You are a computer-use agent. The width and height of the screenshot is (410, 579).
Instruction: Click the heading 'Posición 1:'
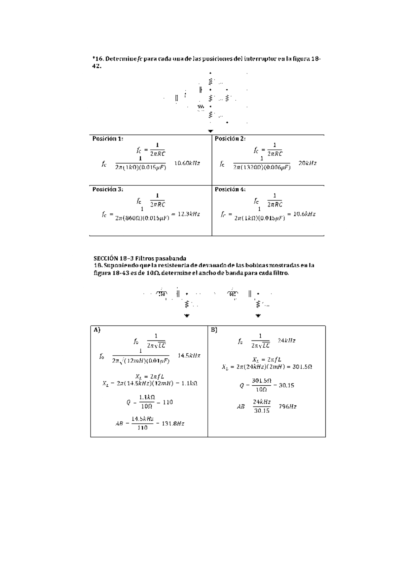tap(108, 139)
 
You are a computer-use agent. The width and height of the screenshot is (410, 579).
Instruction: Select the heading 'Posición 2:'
tap(230, 139)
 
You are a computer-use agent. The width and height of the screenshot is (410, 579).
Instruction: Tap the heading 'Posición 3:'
tap(108, 189)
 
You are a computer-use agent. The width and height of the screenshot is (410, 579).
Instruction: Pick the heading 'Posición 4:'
tap(230, 189)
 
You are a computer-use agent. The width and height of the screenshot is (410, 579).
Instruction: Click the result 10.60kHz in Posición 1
tap(187, 163)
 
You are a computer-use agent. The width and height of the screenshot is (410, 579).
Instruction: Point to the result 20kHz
tap(307, 163)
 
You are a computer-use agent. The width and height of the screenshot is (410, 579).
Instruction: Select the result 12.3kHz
tap(189, 214)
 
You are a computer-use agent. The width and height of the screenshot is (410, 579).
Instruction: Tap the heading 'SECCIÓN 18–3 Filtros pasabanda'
tap(140, 258)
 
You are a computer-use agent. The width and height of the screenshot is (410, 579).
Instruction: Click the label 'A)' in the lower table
tap(97, 330)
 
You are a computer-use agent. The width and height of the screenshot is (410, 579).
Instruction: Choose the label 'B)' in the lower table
tap(214, 330)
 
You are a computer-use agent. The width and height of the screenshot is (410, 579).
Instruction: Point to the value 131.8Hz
tap(173, 423)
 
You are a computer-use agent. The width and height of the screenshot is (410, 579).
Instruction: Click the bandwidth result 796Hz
tap(287, 406)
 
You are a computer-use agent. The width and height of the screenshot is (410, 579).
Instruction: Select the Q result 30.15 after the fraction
tap(286, 385)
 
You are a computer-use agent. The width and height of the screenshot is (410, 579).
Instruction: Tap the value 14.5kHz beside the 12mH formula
tap(189, 356)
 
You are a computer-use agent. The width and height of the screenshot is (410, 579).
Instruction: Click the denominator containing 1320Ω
tap(262, 167)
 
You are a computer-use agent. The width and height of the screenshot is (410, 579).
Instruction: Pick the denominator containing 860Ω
tap(142, 218)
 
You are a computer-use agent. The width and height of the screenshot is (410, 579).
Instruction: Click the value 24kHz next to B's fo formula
tap(286, 340)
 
